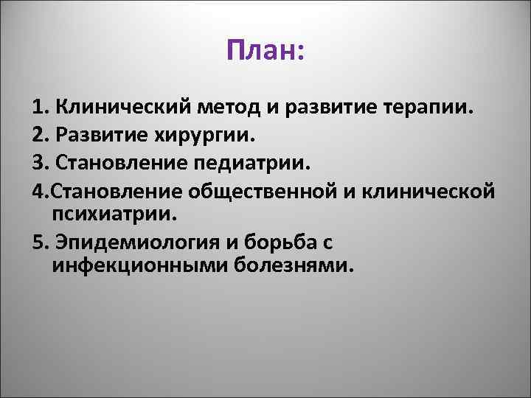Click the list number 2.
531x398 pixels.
(x=39, y=136)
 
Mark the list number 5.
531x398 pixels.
(x=39, y=241)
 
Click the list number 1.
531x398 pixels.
(x=38, y=110)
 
